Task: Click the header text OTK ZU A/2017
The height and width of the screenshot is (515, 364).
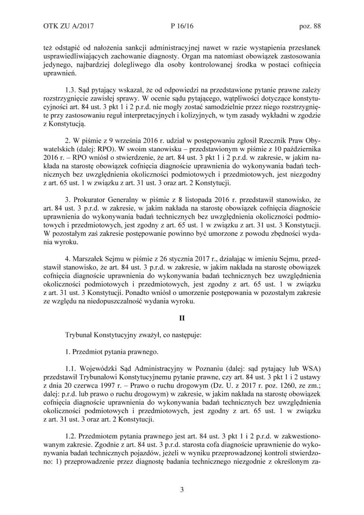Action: tap(65, 27)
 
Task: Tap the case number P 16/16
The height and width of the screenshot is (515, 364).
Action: tap(182, 27)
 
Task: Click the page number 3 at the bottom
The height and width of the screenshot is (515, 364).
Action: tap(182, 489)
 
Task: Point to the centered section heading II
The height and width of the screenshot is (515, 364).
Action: tap(182, 318)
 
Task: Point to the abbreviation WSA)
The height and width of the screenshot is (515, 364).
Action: tap(309, 366)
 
